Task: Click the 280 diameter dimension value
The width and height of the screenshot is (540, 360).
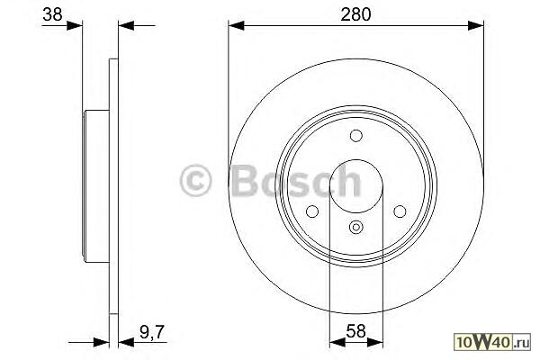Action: point(355,14)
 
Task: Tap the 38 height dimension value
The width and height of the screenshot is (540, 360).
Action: point(52,14)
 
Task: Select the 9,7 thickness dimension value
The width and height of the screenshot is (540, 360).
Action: point(152,332)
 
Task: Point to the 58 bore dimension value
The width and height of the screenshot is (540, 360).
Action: point(355,331)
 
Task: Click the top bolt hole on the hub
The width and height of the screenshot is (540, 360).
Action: point(356,136)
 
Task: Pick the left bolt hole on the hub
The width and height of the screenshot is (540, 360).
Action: point(312,211)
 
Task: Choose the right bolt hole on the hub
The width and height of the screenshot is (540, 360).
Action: point(400,211)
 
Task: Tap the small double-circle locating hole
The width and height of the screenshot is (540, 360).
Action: point(356,227)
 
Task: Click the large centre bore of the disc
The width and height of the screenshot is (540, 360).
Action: point(356,186)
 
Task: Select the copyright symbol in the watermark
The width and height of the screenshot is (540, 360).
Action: point(195,181)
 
